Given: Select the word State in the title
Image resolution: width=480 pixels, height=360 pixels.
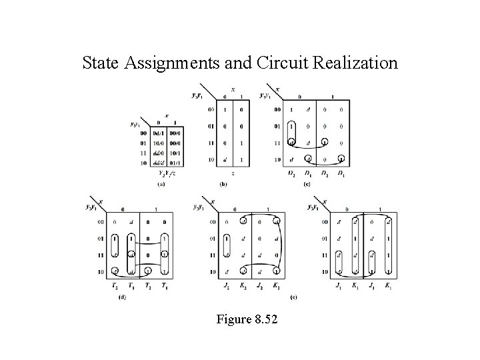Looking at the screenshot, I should [101, 63].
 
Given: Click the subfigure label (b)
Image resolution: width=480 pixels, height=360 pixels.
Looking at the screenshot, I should [223, 183].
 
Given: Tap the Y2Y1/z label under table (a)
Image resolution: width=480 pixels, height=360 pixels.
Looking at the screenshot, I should [160, 173].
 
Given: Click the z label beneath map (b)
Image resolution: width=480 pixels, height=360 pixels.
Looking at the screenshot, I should [223, 173].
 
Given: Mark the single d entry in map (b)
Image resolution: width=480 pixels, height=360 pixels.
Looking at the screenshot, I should [224, 159].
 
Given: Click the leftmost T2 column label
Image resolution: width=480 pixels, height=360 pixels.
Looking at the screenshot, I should [115, 287].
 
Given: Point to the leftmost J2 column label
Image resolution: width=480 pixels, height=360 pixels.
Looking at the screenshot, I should [227, 287].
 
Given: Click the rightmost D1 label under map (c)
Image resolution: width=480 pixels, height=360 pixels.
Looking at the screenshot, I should [341, 174].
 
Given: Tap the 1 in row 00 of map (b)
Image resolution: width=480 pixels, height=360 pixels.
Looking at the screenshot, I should [224, 109].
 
